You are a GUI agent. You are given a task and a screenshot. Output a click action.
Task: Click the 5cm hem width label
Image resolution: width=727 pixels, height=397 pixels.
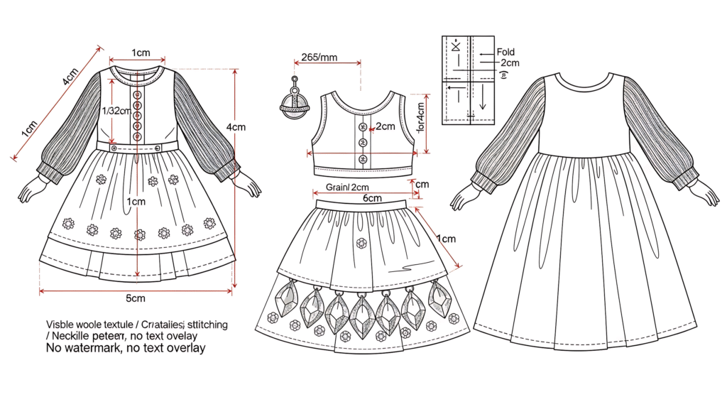[136, 297]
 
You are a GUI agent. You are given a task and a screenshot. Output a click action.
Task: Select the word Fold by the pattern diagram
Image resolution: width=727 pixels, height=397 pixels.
[505, 52]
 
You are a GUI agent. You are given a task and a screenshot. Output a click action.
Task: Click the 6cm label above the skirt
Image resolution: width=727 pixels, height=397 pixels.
[373, 198]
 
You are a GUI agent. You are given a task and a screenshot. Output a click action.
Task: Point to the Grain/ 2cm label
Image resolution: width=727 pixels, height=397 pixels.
[348, 187]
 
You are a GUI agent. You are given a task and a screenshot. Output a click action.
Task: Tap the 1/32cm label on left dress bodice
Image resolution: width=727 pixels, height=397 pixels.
[116, 110]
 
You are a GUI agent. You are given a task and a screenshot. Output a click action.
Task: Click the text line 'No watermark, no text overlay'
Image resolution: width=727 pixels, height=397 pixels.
[126, 349]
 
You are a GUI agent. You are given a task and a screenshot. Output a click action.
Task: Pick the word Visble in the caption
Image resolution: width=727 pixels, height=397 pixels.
[62, 325]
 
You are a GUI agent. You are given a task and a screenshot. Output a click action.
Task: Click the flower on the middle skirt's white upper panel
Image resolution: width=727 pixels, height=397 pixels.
[362, 243]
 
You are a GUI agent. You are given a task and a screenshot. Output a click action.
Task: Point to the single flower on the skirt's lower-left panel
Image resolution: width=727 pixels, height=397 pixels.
[274, 317]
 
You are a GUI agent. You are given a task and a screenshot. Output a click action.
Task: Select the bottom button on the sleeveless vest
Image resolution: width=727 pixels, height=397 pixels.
[363, 158]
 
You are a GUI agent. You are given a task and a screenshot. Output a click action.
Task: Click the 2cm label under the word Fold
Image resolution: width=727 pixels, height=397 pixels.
[510, 62]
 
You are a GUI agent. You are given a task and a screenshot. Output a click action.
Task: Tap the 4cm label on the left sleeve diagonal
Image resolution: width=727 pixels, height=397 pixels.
[70, 77]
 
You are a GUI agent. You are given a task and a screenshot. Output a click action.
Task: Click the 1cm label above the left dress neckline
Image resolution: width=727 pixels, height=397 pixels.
[141, 53]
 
